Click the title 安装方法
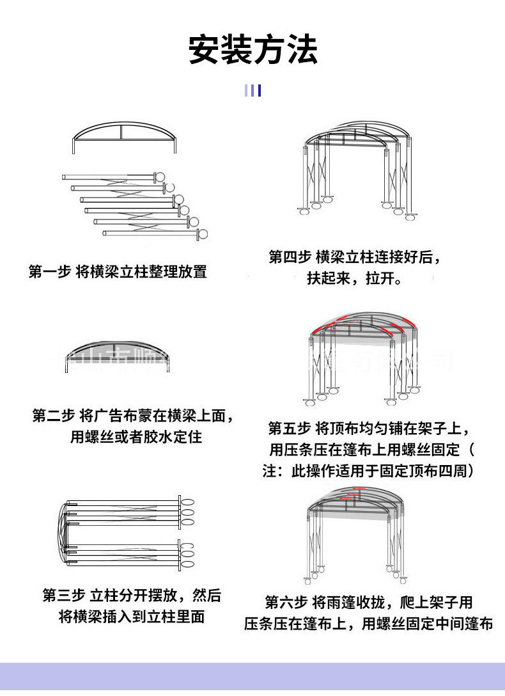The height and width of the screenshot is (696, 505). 252,49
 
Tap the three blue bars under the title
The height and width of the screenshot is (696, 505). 252,90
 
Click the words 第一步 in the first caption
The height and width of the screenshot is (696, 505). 49,271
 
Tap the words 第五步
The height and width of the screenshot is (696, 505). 289,427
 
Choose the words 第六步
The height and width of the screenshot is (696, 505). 286,602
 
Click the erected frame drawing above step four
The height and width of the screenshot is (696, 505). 358,170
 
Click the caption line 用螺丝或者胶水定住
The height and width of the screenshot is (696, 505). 136,438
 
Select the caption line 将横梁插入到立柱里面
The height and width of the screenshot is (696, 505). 132,617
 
